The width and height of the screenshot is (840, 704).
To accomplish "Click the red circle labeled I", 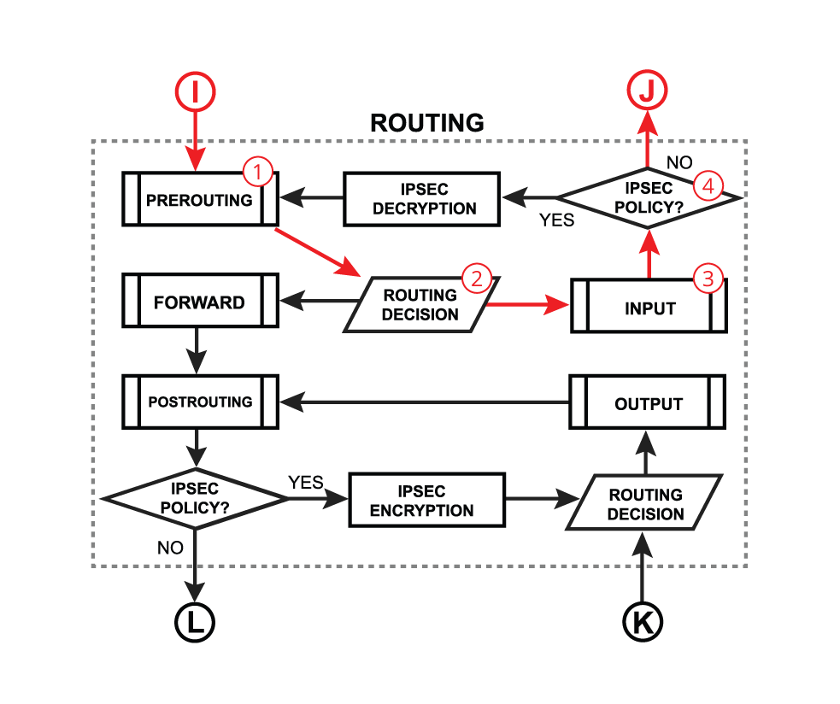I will (195, 93).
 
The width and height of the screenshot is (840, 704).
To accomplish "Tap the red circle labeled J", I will (646, 91).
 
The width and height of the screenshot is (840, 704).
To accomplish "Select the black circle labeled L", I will (195, 622).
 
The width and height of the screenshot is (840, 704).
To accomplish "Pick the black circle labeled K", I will (642, 622).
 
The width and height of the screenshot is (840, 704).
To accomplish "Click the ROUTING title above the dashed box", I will (426, 123).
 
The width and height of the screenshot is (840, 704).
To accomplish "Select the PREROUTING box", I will (200, 200).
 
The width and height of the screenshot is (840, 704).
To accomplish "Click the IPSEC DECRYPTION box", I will (421, 200).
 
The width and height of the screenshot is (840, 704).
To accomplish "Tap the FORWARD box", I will (200, 302).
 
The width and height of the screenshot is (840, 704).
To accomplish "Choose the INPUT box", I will (649, 308).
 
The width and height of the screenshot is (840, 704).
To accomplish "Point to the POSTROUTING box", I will (200, 402).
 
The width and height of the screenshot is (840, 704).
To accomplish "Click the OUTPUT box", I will (649, 403).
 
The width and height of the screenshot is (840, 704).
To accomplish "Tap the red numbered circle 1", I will (258, 173).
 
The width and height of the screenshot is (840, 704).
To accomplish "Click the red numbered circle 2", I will (476, 278).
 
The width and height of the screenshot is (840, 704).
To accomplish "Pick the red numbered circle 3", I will (708, 278).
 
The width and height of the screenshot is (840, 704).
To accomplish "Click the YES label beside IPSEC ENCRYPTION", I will (306, 483).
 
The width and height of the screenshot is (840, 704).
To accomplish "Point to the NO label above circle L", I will (170, 548).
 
